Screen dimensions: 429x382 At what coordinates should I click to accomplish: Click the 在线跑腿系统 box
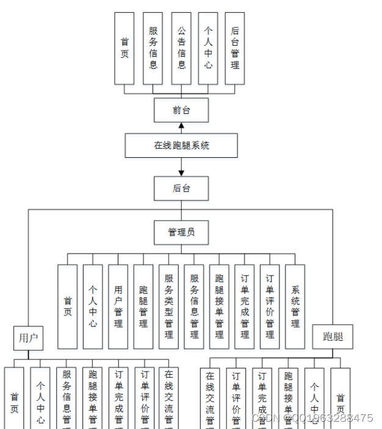coord(181,146)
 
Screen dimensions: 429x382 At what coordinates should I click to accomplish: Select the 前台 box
coord(181,110)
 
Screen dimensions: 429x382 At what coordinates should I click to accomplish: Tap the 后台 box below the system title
coord(181,188)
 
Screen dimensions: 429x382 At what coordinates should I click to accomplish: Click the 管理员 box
coord(181,232)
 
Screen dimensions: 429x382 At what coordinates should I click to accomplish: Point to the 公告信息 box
coord(181,48)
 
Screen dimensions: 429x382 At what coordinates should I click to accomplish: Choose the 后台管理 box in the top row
coord(235,48)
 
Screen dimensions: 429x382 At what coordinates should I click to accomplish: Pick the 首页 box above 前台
coord(124,48)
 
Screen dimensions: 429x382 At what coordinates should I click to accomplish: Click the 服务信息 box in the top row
coord(153,48)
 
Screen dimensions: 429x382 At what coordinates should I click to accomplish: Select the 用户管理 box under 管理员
coord(118,307)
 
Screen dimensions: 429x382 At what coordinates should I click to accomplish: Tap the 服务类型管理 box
coord(169,307)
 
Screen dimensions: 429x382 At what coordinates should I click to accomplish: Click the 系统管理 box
coord(295,307)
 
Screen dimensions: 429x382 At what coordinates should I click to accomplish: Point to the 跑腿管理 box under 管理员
coord(143,307)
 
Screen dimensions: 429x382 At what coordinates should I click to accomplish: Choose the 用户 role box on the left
coord(29,338)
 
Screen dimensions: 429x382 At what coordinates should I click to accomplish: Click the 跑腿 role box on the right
coord(333,336)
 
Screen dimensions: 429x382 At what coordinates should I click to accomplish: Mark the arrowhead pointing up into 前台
coord(181,126)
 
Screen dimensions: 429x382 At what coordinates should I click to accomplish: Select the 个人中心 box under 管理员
coord(93,307)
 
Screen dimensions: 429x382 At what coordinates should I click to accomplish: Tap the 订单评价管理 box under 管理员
coord(270,307)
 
